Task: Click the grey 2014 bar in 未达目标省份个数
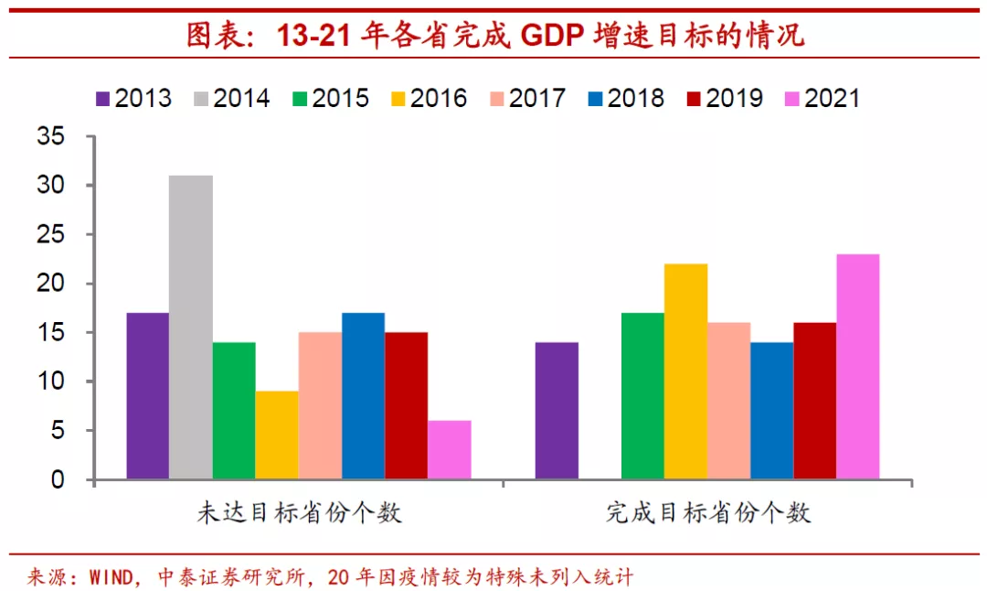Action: pyautogui.click(x=191, y=327)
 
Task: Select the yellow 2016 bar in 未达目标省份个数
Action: pyautogui.click(x=277, y=435)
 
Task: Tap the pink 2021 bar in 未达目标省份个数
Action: pyautogui.click(x=449, y=449)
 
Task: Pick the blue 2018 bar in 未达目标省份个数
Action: pyautogui.click(x=363, y=396)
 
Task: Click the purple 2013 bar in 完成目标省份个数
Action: pyautogui.click(x=557, y=411)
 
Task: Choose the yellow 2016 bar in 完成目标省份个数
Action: pyautogui.click(x=686, y=371)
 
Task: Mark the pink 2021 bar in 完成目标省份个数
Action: pyautogui.click(x=858, y=366)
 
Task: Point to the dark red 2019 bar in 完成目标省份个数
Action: pyautogui.click(x=815, y=400)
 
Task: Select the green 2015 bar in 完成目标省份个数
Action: pyautogui.click(x=642, y=396)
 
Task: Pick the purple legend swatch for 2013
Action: pyautogui.click(x=102, y=99)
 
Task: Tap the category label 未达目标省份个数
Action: pyautogui.click(x=300, y=512)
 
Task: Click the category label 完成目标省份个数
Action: pyautogui.click(x=708, y=512)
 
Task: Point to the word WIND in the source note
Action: pyautogui.click(x=110, y=577)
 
